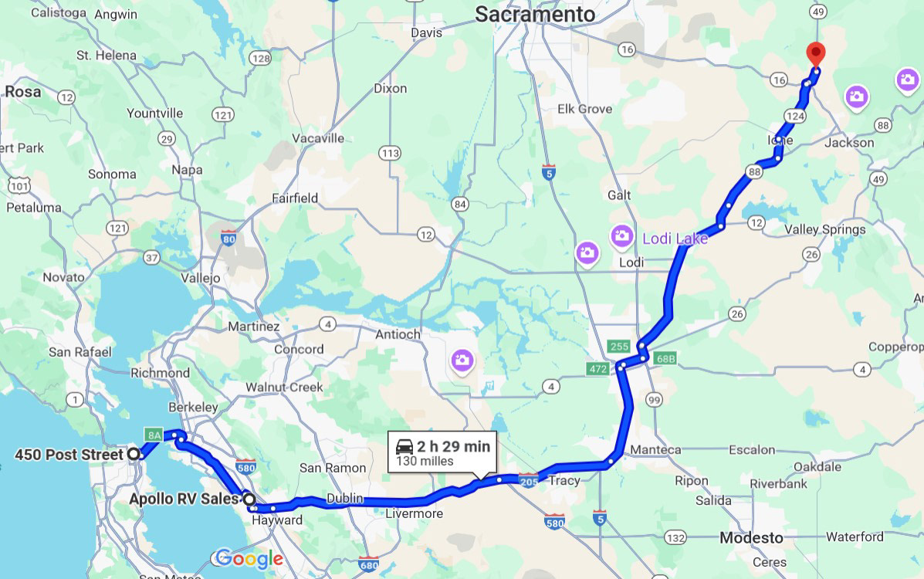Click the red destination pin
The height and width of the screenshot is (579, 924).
(815, 55)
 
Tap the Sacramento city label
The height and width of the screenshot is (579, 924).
(535, 14)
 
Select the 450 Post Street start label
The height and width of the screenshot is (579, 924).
(69, 455)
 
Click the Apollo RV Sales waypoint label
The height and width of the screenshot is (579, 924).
(184, 499)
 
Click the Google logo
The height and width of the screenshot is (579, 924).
(249, 558)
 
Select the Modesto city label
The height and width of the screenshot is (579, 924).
(751, 537)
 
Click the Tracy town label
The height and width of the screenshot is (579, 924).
(564, 480)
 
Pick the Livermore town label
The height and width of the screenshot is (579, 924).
(414, 513)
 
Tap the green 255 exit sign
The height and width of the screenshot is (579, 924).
(618, 347)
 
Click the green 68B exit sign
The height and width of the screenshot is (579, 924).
(665, 359)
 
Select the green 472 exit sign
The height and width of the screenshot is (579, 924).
(597, 370)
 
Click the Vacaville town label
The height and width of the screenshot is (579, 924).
(318, 138)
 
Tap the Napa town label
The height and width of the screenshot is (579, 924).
(188, 170)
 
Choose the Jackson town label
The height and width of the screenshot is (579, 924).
(849, 142)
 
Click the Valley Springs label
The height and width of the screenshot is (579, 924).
(825, 229)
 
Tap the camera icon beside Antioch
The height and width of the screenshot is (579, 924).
(462, 360)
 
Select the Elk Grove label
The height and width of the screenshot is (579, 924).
(584, 109)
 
